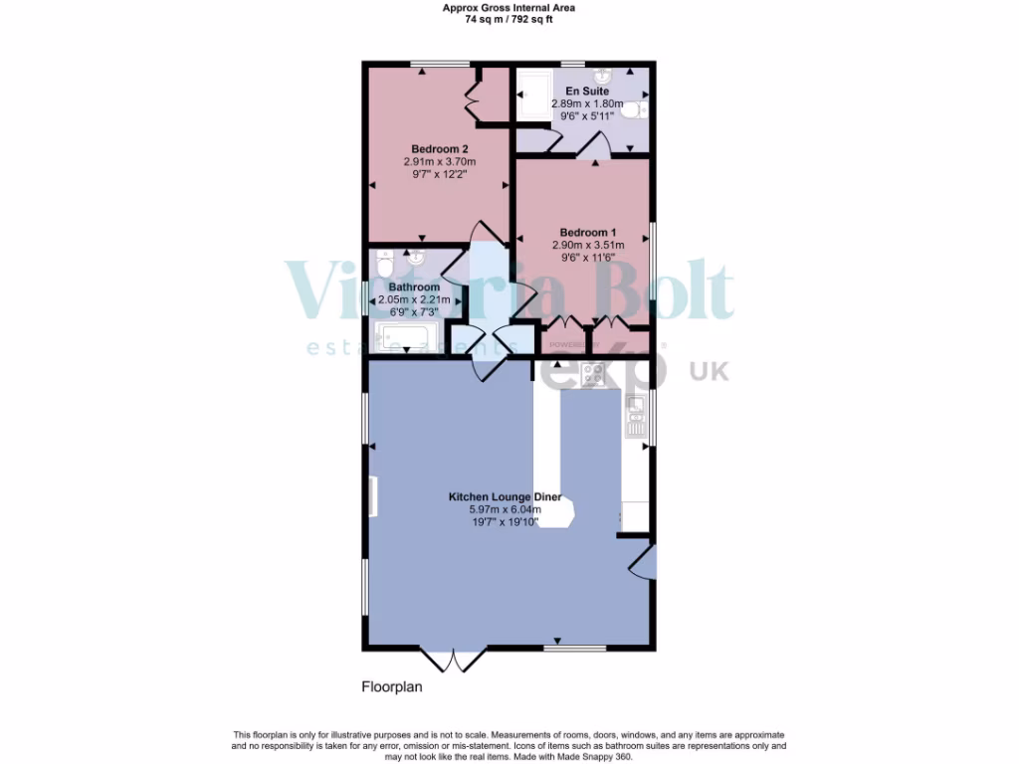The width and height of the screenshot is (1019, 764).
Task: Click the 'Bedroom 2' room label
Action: pos(439,149)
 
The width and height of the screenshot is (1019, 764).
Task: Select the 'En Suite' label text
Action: pos(586,92)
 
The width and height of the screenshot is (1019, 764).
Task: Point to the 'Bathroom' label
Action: pos(414,287)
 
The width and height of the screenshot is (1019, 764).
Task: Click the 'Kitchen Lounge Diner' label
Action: pos(505,496)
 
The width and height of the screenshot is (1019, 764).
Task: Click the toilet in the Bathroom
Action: pos(385,264)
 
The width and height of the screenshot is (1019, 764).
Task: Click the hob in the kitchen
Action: pos(593,374)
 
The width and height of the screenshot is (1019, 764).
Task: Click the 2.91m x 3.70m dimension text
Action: pos(439,162)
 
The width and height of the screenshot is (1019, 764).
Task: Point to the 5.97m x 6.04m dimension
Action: pos(505,509)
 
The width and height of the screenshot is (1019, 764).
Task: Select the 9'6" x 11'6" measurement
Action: pos(587,257)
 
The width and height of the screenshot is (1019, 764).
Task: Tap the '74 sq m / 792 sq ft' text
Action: pos(509,17)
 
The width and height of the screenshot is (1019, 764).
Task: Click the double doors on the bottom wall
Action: pos(454,661)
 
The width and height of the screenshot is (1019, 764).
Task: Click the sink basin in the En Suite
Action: pos(603,76)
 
